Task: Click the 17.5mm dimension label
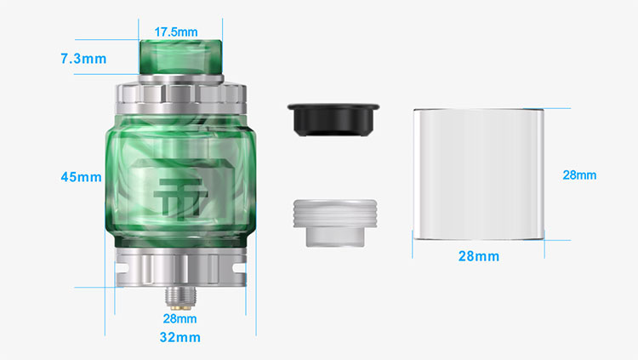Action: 176,31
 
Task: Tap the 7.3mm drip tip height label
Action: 83,59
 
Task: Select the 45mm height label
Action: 81,177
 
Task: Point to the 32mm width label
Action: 179,337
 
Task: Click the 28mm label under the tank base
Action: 179,318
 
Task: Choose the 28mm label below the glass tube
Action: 478,256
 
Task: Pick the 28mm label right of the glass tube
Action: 579,175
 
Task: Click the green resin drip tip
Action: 180,57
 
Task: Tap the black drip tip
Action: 333,119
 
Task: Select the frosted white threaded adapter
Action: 335,223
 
